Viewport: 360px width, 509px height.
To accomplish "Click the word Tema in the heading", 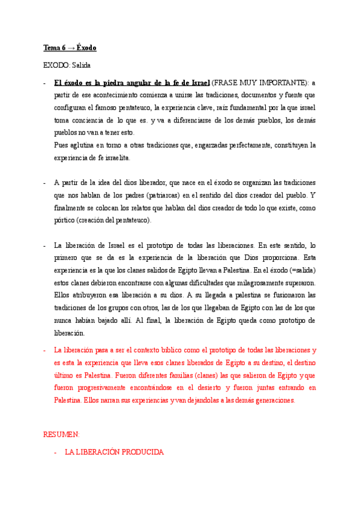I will pyautogui.click(x=52, y=47).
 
